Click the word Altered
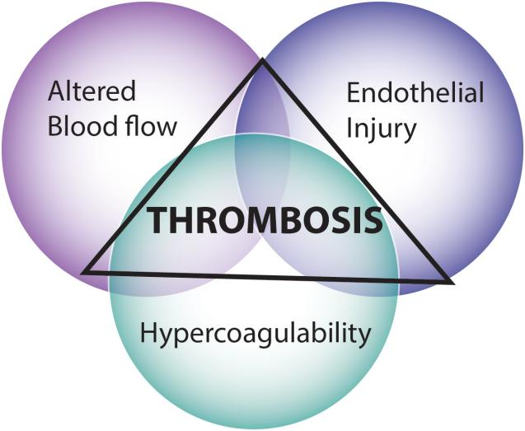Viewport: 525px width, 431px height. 91,91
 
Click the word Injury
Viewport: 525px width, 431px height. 382,129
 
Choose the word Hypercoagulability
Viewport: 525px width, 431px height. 255,335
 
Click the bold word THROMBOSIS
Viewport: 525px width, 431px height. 265,220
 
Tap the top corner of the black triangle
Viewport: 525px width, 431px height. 262,59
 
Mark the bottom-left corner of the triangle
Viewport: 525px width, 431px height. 83,272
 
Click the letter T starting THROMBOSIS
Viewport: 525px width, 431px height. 157,220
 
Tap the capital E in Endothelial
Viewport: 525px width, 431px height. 353,93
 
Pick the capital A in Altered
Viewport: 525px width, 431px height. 56,91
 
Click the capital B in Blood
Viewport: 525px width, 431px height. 55,126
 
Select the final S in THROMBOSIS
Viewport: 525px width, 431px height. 373,220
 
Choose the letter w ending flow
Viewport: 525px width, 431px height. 167,129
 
